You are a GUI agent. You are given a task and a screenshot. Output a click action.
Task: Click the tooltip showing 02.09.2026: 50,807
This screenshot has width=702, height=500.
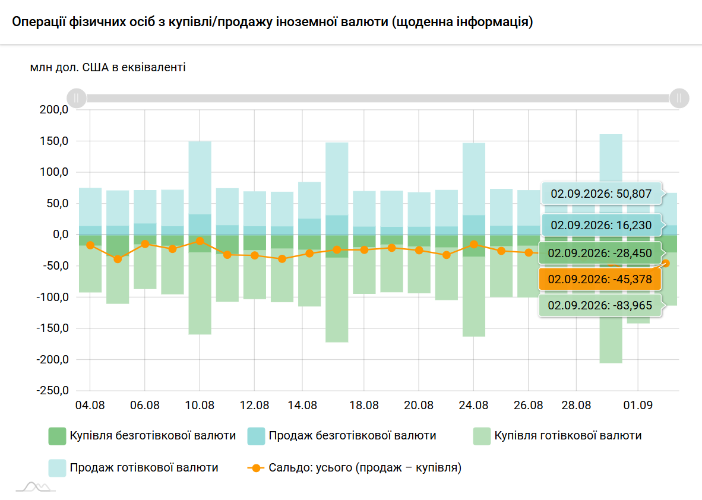point(601,194)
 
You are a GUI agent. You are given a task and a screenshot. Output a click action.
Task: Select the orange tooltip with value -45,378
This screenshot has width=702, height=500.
point(600,279)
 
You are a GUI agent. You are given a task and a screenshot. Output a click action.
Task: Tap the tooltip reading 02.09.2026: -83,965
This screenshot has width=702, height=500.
point(600,305)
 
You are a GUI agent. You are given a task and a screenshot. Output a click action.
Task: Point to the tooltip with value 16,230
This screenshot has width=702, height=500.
point(601,225)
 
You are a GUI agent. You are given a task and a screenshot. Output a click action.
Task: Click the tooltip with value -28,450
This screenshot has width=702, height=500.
point(600,254)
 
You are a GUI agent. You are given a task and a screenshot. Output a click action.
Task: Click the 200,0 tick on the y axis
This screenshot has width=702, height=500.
point(54,110)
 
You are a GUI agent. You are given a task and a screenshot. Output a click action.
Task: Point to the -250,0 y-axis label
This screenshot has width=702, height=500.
point(53,390)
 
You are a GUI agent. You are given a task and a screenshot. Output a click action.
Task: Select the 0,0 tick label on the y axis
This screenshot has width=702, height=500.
point(61,234)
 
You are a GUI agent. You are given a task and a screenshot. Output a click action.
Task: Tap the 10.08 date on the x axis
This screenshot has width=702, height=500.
point(200,405)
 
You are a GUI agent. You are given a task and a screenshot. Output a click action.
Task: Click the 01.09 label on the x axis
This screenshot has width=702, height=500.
point(638,405)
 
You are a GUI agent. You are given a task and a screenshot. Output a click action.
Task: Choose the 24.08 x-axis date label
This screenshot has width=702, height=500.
point(474,405)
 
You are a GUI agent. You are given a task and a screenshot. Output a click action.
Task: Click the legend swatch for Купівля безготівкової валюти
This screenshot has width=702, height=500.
point(57,436)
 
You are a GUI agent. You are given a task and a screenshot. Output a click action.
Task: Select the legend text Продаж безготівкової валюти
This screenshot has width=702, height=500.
point(352,435)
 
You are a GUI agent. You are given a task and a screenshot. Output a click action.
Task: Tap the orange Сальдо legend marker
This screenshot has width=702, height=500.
point(255,468)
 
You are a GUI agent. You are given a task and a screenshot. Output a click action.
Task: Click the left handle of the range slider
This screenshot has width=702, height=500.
point(77,97)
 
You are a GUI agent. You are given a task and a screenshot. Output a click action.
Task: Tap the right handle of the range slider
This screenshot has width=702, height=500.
point(679,97)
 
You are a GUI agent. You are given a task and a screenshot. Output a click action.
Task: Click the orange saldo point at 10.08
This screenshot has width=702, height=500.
point(200,241)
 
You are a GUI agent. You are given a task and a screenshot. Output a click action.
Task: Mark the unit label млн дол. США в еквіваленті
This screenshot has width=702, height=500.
point(108,68)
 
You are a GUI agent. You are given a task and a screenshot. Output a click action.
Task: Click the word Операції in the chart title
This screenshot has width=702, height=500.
point(39,21)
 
